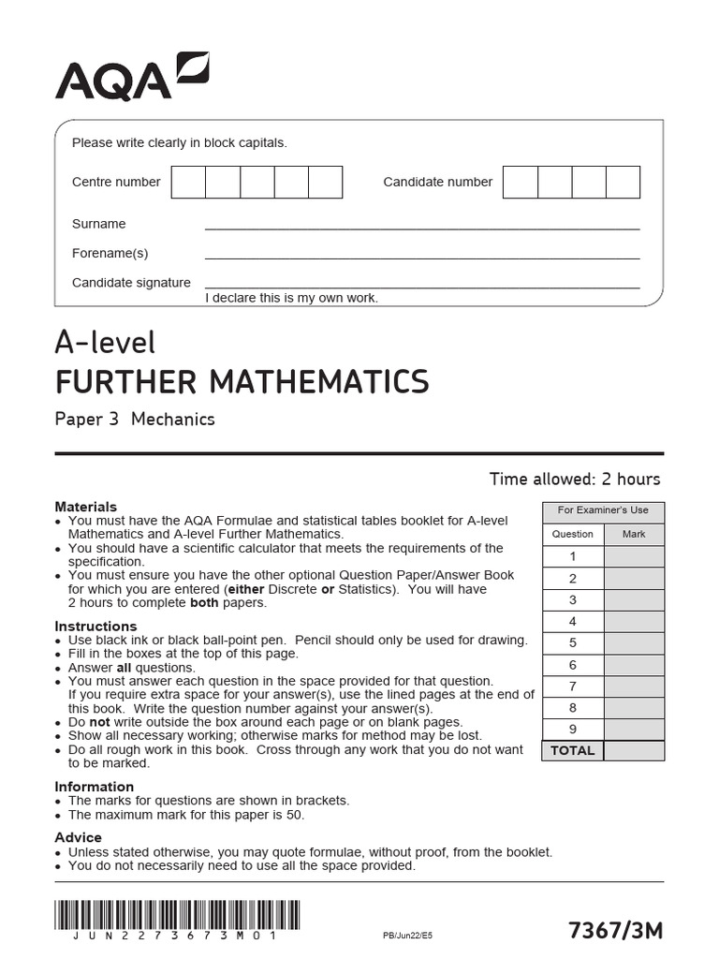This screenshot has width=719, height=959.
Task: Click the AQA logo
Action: [131, 77]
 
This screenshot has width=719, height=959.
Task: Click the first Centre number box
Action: [188, 182]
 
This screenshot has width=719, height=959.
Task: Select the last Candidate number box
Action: [623, 182]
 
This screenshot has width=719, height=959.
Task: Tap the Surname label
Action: [98, 224]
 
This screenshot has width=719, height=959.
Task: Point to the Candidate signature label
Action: [131, 282]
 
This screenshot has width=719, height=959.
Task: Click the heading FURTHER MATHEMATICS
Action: [242, 382]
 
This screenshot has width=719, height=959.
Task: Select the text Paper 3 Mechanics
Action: [135, 420]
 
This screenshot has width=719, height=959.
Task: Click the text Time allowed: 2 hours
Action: [574, 479]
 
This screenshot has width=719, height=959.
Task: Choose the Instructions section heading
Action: [95, 626]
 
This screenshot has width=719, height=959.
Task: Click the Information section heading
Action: [94, 787]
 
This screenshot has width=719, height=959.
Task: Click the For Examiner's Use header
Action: [603, 510]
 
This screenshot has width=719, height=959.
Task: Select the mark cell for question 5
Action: [634, 642]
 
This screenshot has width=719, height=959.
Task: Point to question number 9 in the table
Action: [573, 729]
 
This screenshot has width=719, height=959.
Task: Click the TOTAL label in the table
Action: [573, 750]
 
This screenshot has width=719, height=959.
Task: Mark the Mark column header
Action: [634, 534]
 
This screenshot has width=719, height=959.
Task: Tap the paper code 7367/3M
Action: [615, 930]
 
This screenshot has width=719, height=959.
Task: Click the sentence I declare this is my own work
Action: [291, 298]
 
